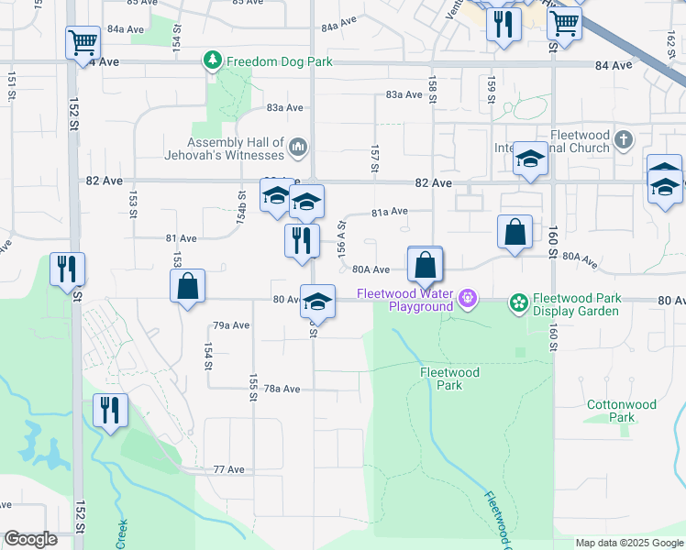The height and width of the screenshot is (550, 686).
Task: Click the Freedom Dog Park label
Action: tap(280, 62)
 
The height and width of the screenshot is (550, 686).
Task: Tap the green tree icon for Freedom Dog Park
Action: tap(213, 61)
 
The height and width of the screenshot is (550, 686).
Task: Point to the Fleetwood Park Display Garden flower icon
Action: tap(518, 302)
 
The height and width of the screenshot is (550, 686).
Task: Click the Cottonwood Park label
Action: tap(622, 411)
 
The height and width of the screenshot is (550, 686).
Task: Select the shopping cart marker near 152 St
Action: tap(83, 42)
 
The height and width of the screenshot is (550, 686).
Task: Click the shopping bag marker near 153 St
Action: tap(187, 285)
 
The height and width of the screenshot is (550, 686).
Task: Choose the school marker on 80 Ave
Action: tap(317, 301)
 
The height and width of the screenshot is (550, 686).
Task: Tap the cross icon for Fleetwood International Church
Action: tap(624, 139)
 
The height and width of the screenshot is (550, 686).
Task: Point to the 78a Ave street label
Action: tap(282, 389)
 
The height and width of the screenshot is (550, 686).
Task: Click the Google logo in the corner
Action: tap(30, 539)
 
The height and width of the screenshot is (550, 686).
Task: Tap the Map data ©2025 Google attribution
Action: tap(629, 543)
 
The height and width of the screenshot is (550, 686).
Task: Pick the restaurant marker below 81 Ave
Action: tap(301, 241)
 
